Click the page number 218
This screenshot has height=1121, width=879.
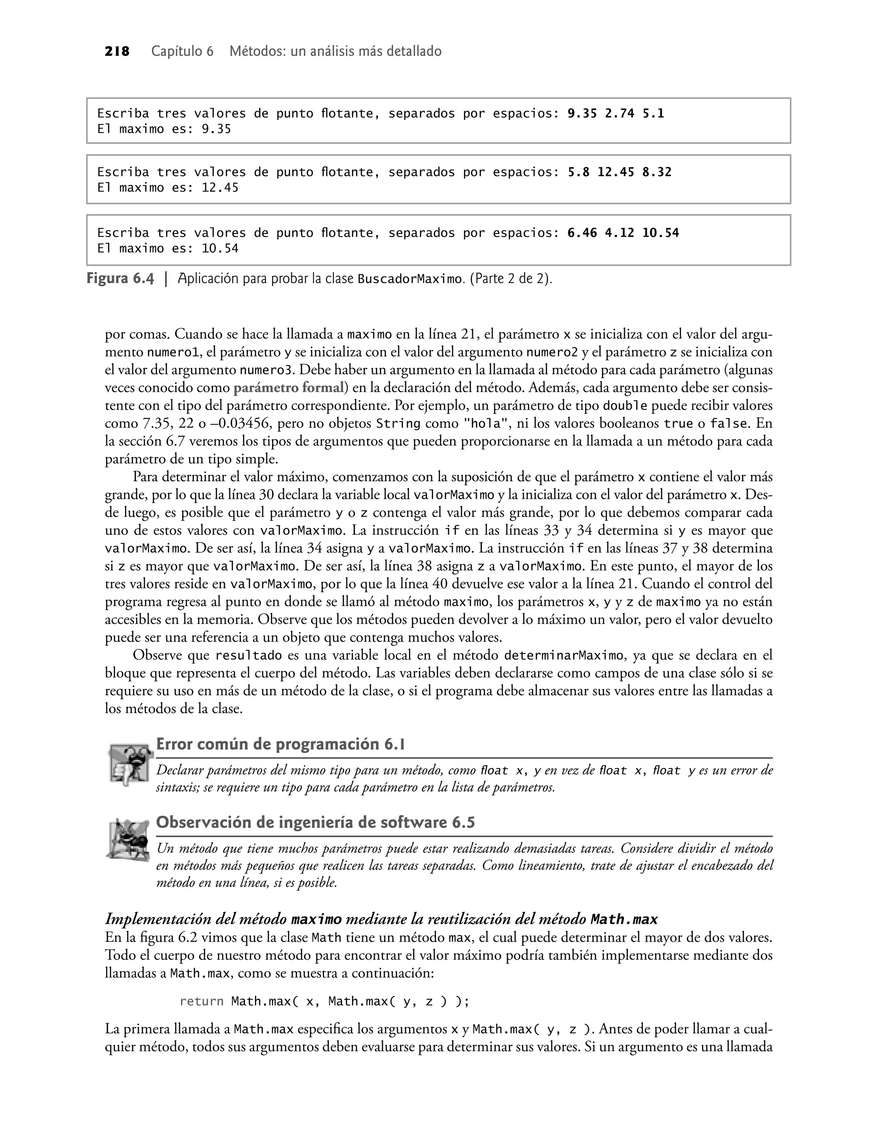tap(117, 52)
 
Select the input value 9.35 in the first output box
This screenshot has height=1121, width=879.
tap(582, 113)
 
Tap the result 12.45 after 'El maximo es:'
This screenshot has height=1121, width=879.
tap(220, 188)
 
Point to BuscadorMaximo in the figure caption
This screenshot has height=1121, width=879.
tap(409, 279)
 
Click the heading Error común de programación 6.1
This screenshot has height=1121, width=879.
tap(280, 744)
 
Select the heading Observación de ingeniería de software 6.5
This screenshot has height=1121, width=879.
tap(315, 823)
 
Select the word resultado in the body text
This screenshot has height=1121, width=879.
tap(248, 655)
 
